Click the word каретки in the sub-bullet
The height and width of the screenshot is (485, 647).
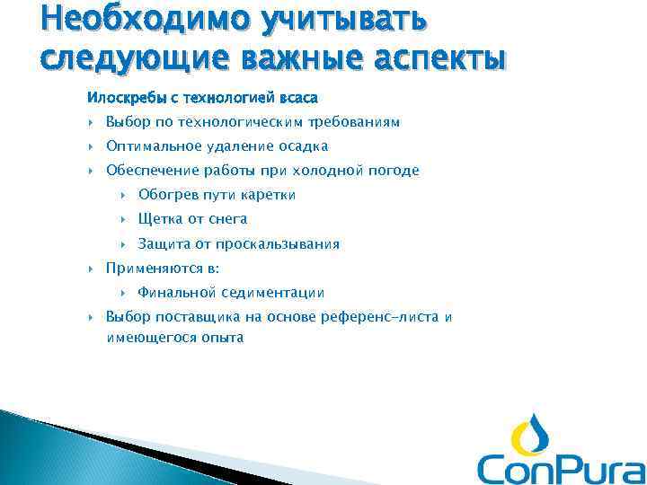coord(269,195)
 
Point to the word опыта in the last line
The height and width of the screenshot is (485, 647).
coord(224,339)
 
